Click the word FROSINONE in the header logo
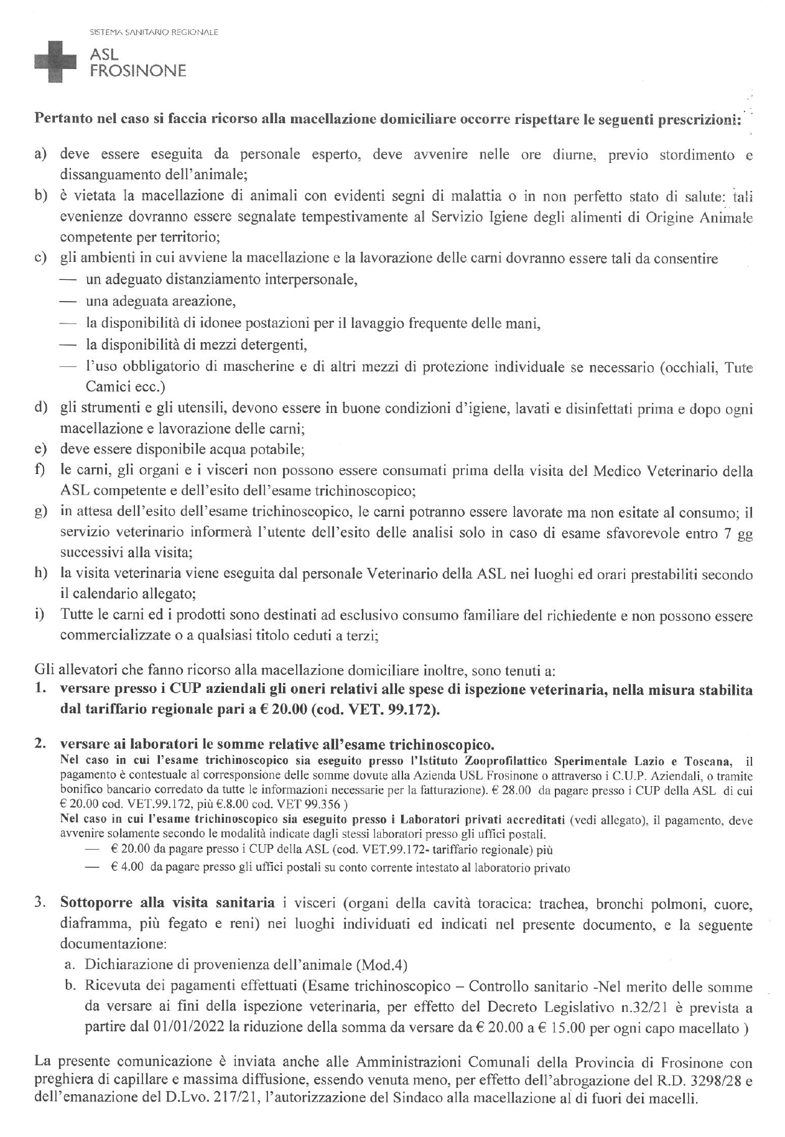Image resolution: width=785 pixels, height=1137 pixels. pos(138,71)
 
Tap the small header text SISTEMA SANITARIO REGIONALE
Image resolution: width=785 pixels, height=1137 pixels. pos(154,31)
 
